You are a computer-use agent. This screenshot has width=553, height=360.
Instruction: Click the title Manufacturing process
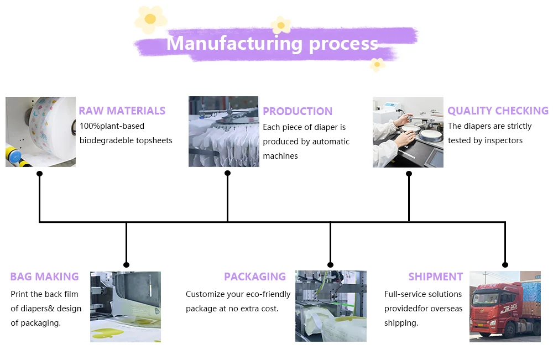272,43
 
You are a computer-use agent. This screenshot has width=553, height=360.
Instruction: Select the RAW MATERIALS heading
122,111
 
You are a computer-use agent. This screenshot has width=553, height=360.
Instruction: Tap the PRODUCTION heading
298,111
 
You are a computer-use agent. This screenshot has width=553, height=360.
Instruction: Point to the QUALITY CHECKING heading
498,111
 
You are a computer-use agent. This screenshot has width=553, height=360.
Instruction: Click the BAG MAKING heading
44,276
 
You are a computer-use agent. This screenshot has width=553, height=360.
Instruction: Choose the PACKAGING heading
255,276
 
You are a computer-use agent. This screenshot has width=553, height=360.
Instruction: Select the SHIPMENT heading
435,276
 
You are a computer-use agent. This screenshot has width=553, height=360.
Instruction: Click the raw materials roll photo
40,132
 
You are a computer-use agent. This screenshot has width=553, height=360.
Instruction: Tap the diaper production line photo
223,132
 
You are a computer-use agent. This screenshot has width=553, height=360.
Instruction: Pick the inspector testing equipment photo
408,132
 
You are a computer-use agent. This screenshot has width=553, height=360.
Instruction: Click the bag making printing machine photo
126,306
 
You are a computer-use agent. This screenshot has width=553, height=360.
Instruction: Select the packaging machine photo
331,306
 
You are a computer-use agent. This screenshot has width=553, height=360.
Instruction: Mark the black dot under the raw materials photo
39,174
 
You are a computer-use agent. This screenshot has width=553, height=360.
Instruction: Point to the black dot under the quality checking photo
409,174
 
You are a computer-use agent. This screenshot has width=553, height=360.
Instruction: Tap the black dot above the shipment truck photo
505,265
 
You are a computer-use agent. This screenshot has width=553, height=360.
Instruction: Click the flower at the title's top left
150,19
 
